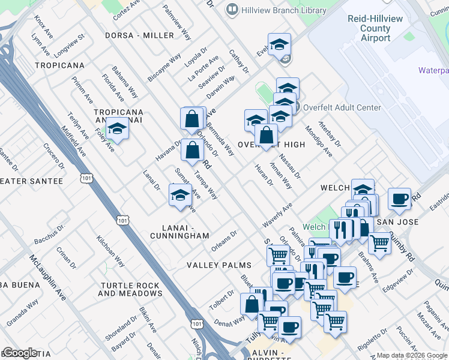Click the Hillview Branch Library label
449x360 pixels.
(x=274, y=10)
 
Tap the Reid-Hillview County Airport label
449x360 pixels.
(x=376, y=28)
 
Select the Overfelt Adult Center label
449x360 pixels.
(x=342, y=108)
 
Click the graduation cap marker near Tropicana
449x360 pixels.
(x=117, y=130)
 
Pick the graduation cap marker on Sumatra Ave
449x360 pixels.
(x=180, y=195)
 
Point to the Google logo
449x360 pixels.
(x=19, y=353)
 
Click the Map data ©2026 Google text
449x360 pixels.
(x=412, y=355)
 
